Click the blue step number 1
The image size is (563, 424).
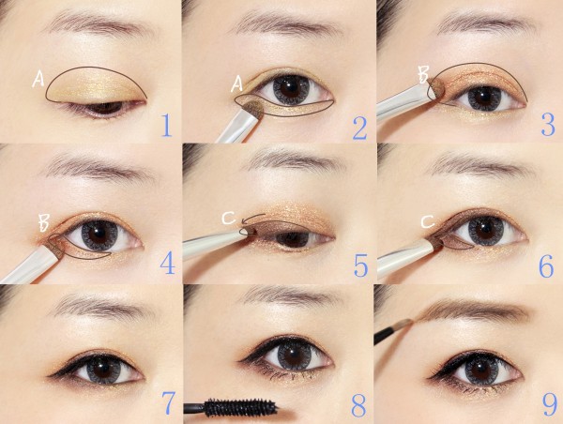click(166, 126)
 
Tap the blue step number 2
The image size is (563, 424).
click(360, 128)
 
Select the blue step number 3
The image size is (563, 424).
click(548, 124)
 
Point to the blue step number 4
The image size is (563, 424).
click(167, 264)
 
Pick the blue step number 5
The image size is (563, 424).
click(361, 265)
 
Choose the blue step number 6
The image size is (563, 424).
click(546, 266)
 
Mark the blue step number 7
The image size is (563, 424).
click(168, 402)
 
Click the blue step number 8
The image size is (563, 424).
click(359, 404)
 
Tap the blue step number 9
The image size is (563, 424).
click(550, 404)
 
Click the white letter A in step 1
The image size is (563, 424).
click(38, 79)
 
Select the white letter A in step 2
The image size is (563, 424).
click(237, 84)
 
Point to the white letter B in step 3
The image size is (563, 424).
click(423, 74)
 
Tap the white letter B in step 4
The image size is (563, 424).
click(44, 223)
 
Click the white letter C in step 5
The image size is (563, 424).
click(229, 218)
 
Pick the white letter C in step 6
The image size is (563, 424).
click(428, 222)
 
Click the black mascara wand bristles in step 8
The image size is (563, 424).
click(239, 406)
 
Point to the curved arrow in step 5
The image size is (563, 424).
click(253, 218)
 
